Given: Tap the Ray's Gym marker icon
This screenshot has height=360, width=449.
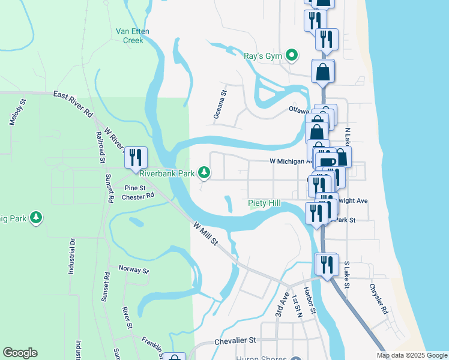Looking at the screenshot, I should [292, 56].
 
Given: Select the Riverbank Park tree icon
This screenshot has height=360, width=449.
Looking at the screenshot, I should [205, 173].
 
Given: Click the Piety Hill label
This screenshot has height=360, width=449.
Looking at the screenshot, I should [264, 203].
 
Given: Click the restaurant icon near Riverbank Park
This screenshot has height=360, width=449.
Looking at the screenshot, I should [136, 157].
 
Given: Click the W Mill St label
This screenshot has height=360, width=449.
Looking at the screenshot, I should [205, 233].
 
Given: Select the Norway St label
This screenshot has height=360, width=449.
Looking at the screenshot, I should [133, 270].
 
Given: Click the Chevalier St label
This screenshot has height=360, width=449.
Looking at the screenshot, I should [236, 340].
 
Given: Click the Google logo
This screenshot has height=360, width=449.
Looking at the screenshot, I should [20, 353].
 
